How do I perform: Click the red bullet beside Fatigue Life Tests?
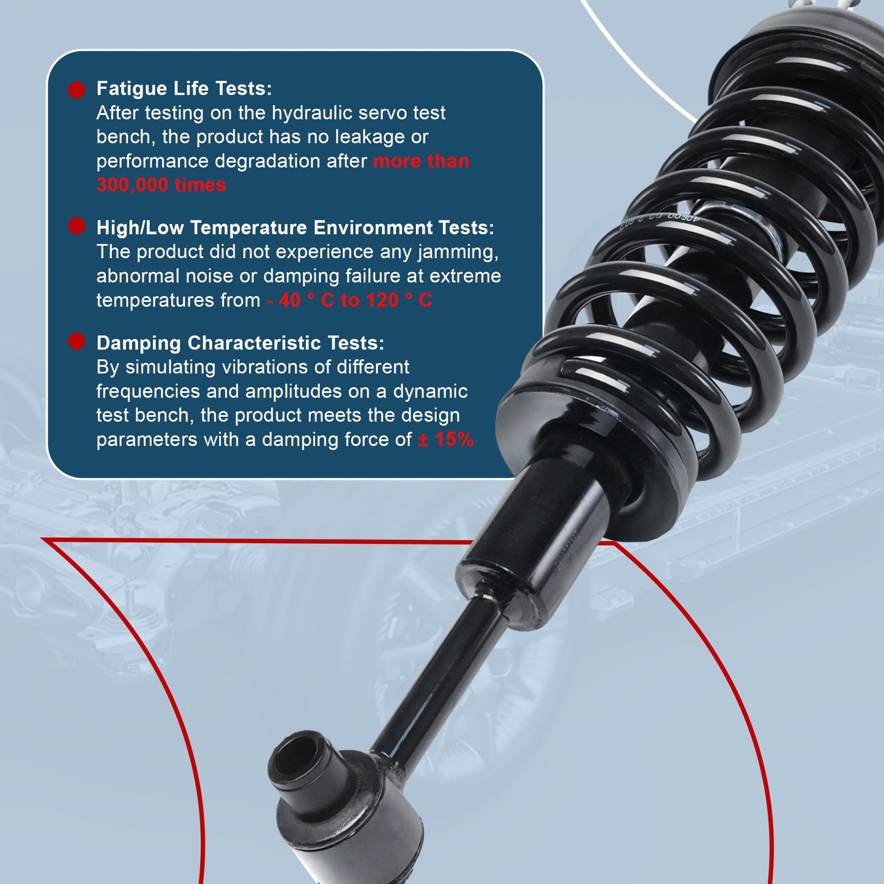click(76, 90)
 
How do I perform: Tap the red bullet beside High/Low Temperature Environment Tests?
click(76, 226)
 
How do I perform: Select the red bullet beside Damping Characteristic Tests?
click(76, 341)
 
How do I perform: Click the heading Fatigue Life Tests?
click(184, 89)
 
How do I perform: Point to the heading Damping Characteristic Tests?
click(240, 343)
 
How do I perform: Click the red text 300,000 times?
click(161, 185)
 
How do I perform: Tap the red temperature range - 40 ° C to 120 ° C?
click(349, 300)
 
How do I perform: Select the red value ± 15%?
click(445, 439)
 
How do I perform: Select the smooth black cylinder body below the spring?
click(538, 538)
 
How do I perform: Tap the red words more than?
click(421, 161)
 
